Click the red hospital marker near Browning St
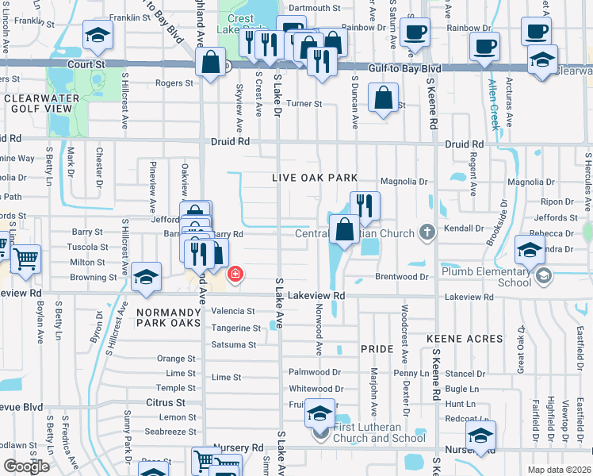click(x=235, y=275)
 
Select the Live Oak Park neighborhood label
click(x=315, y=178)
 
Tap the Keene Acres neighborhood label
click(x=465, y=339)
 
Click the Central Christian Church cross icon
click(x=427, y=232)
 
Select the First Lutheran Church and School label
click(x=379, y=432)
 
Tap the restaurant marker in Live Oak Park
click(x=365, y=205)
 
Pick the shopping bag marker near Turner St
click(x=384, y=99)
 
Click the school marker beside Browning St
click(x=146, y=277)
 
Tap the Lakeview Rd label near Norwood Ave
click(x=317, y=294)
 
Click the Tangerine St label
click(x=235, y=328)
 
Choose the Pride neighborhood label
click(x=377, y=349)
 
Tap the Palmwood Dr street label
click(x=315, y=371)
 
